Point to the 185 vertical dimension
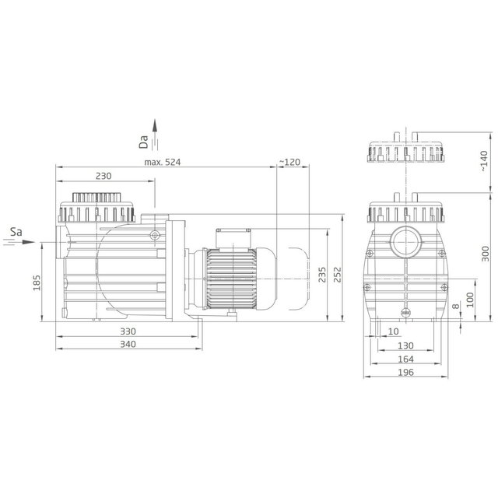(x=37, y=283)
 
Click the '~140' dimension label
(x=482, y=163)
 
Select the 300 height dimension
(x=485, y=256)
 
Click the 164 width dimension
(x=405, y=359)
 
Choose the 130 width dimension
(x=405, y=345)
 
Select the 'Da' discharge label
(x=143, y=141)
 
